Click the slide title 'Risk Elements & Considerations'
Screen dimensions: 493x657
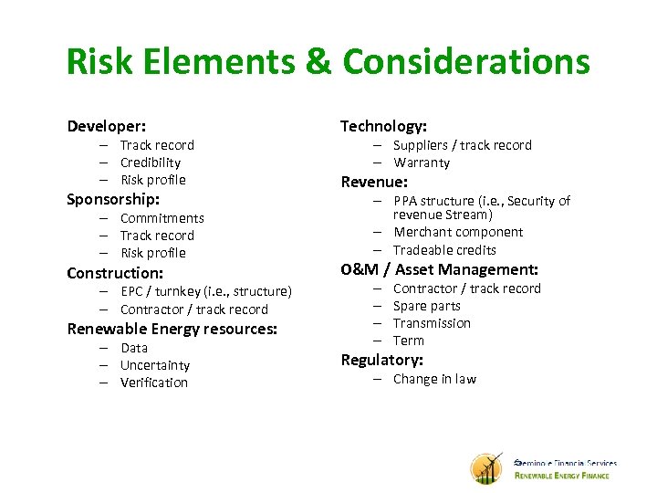(328, 62)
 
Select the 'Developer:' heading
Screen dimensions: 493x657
(106, 126)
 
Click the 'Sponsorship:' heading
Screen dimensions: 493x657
(113, 199)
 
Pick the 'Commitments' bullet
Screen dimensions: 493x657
(162, 218)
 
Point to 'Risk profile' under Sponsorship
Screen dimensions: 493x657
(152, 253)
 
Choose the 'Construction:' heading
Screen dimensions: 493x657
(115, 273)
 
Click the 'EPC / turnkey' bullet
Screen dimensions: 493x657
(205, 291)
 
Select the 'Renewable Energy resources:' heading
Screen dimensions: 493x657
(172, 329)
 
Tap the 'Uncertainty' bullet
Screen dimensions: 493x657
(154, 365)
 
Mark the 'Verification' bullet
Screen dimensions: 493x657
(153, 383)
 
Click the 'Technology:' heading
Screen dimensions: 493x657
(383, 126)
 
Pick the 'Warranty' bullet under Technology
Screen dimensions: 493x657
(421, 163)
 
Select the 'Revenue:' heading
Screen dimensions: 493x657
(373, 182)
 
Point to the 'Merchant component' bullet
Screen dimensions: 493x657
(457, 232)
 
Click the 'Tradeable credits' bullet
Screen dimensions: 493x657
(443, 249)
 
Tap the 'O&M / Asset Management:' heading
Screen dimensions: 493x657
(439, 269)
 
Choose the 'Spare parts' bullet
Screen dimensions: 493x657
(426, 306)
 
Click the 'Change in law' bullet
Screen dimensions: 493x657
(433, 379)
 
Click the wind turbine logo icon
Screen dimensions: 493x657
(486, 468)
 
